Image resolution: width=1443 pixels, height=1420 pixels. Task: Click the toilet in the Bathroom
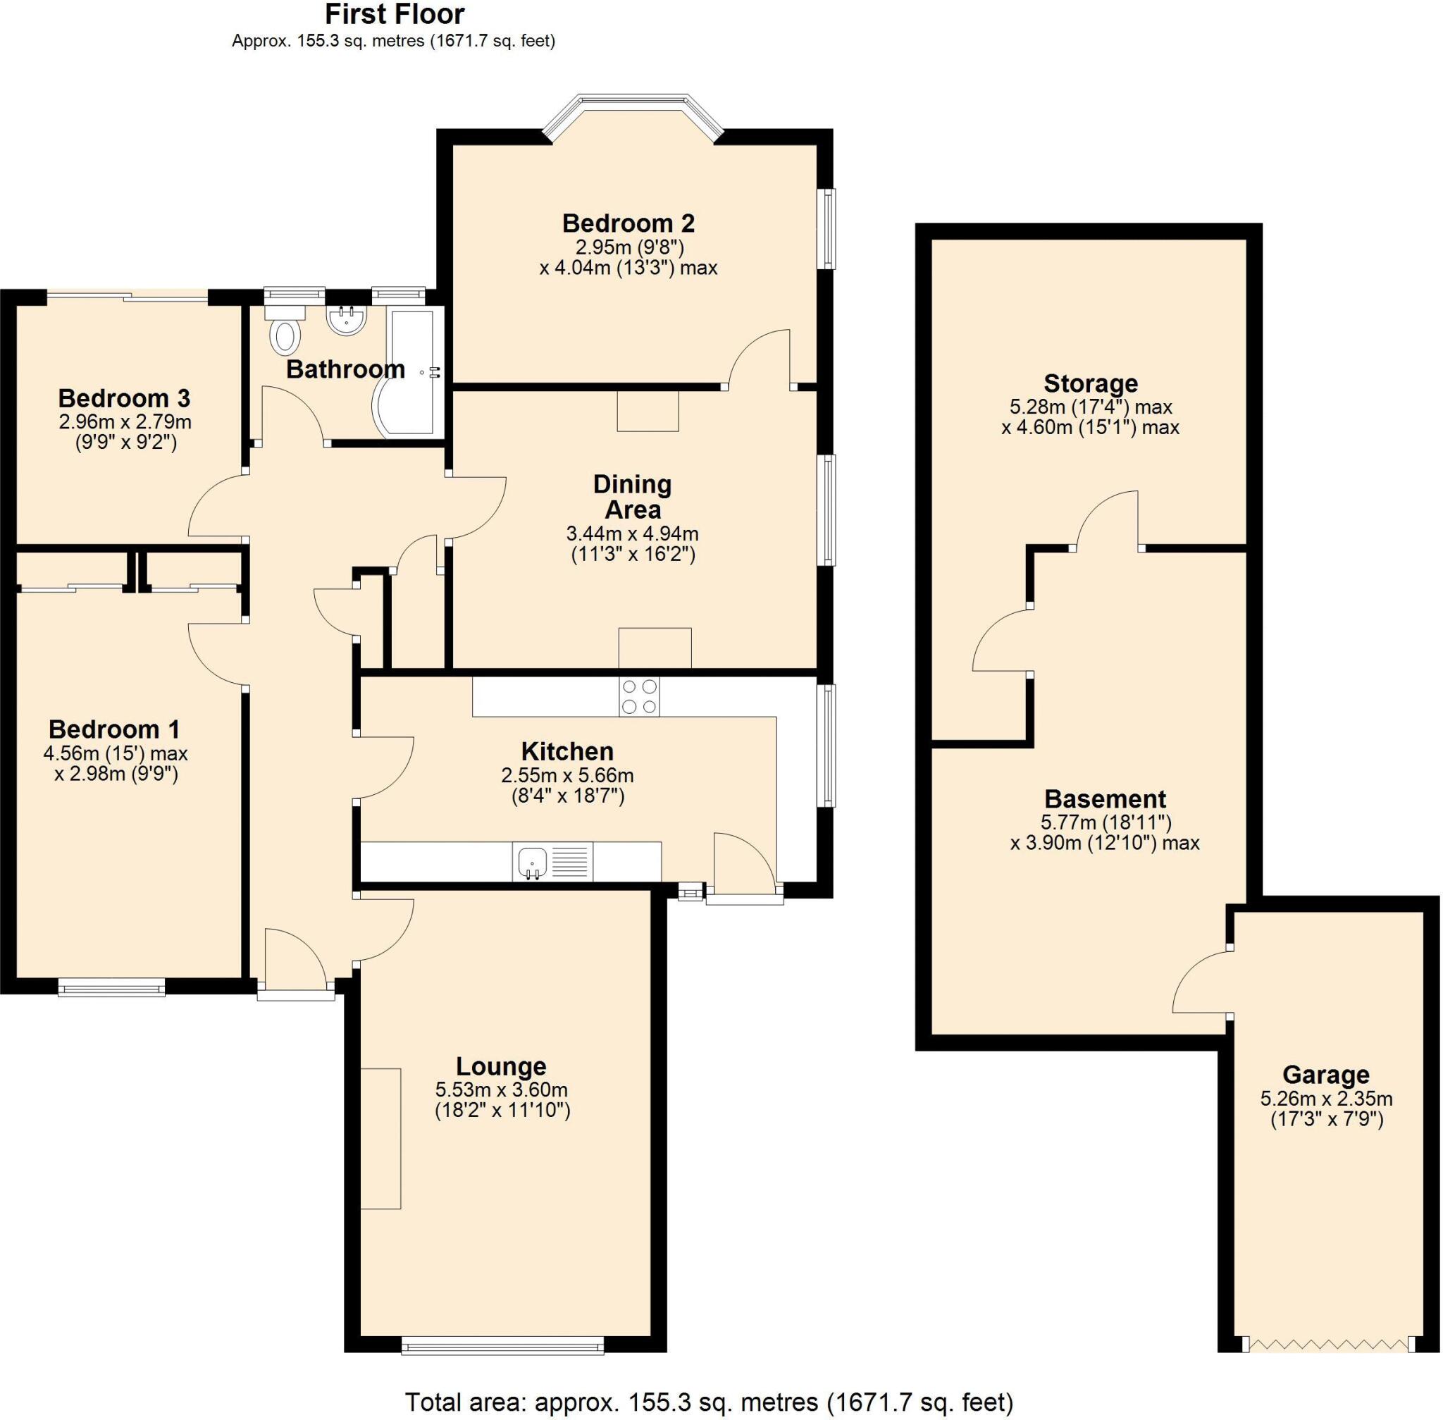pyautogui.click(x=285, y=333)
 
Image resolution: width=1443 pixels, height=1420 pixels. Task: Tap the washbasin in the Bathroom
pyautogui.click(x=346, y=321)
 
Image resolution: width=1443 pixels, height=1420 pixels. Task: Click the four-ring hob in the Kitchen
pyautogui.click(x=638, y=696)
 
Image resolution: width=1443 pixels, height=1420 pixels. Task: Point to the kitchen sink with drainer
pyautogui.click(x=552, y=861)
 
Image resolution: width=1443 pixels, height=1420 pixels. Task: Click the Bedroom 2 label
pyautogui.click(x=628, y=223)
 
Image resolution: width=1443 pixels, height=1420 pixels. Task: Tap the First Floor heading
pyautogui.click(x=395, y=14)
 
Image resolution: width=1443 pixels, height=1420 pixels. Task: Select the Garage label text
pyautogui.click(x=1325, y=1074)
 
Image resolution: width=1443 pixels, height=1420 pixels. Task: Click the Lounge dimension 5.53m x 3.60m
pyautogui.click(x=501, y=1089)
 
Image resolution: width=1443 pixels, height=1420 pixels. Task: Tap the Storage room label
pyautogui.click(x=1090, y=383)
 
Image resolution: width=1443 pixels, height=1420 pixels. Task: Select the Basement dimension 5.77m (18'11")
pyautogui.click(x=1106, y=822)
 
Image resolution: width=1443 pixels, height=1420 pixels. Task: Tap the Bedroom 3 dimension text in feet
pyautogui.click(x=125, y=443)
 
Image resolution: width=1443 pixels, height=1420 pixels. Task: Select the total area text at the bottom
pyautogui.click(x=708, y=1402)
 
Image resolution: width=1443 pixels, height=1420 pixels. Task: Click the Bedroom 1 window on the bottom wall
pyautogui.click(x=112, y=989)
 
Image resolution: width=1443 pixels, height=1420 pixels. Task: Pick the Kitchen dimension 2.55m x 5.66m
pyautogui.click(x=567, y=775)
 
